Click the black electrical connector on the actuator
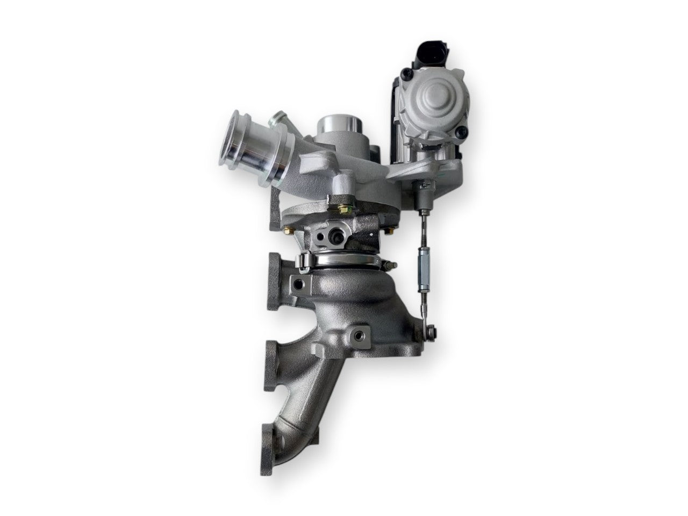414,56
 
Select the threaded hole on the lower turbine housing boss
356,336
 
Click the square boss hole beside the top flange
298,282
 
